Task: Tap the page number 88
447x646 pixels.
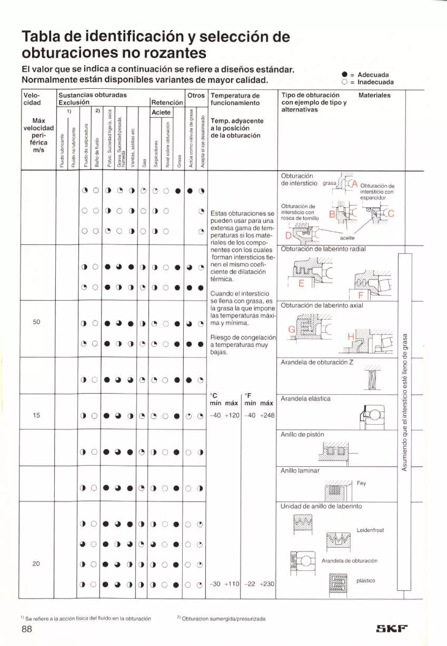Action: pos(27,629)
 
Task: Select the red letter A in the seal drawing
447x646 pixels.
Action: pos(355,184)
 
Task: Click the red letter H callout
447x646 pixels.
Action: pos(351,337)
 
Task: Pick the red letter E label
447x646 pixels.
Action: pos(301,283)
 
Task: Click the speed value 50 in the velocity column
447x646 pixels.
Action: pos(36,322)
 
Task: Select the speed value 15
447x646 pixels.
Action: pos(36,415)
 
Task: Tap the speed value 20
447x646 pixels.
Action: pos(36,563)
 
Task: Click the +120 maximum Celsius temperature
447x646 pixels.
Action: pos(232,415)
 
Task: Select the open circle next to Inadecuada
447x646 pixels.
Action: pos(345,82)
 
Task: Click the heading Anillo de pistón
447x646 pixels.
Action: pos(302,434)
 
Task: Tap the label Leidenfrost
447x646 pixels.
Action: pos(370,530)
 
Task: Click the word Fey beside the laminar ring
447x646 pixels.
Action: pos(361,483)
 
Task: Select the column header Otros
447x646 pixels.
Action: pos(196,95)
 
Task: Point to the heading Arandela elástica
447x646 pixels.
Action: pos(305,398)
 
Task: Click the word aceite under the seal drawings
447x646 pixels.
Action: pos(347,238)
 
